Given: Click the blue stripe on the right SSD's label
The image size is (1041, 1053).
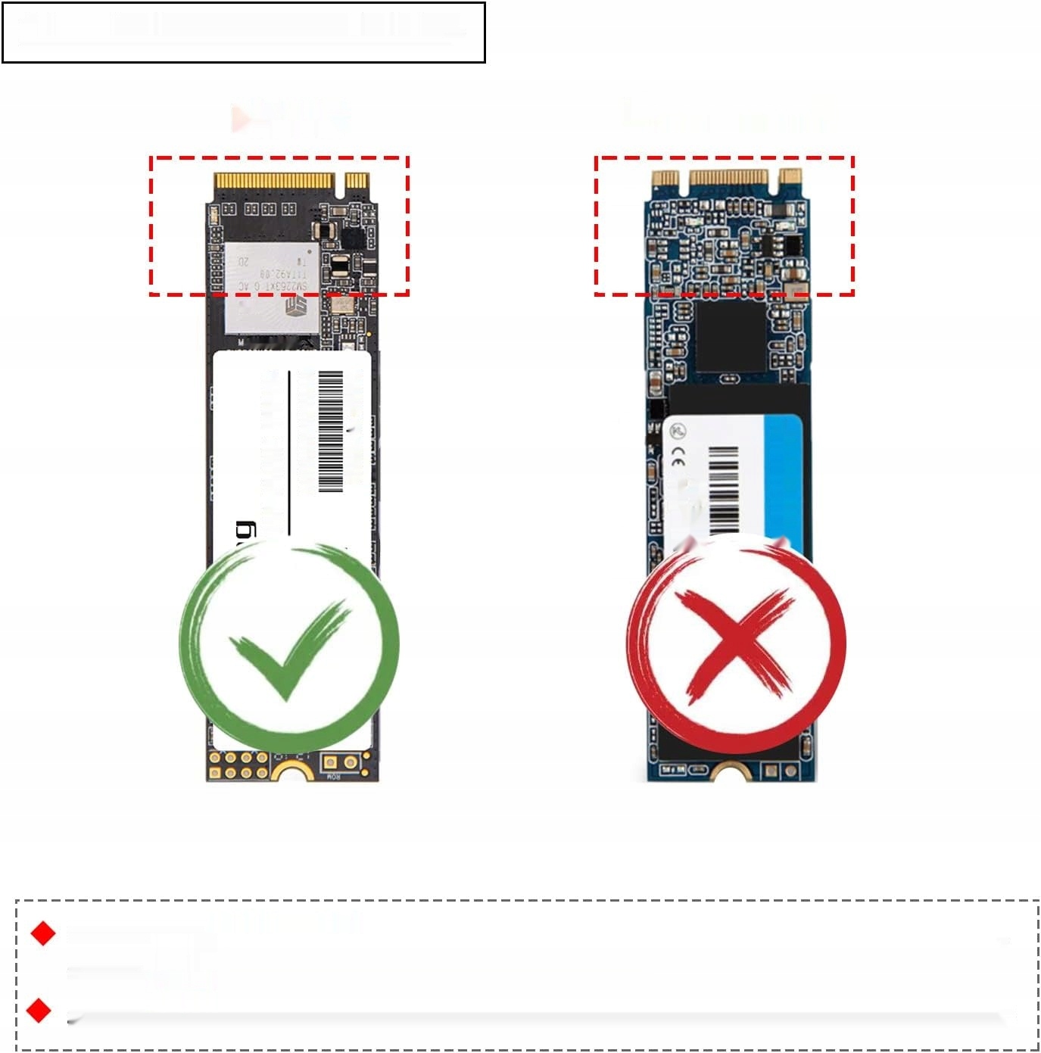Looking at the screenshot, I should click(784, 477).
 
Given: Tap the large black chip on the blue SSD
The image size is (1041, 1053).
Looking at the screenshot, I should click(730, 336).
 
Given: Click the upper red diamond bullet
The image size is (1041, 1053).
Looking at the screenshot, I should click(43, 933).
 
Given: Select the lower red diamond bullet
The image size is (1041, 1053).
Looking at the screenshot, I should click(39, 1010).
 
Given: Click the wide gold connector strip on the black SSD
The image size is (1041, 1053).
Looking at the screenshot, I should click(274, 182).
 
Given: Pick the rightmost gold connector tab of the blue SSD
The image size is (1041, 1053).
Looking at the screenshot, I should click(790, 177).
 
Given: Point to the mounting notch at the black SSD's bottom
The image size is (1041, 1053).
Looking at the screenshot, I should click(294, 774).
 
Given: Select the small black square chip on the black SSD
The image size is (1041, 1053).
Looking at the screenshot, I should click(354, 239).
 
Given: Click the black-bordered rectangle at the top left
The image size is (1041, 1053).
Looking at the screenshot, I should click(243, 33).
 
